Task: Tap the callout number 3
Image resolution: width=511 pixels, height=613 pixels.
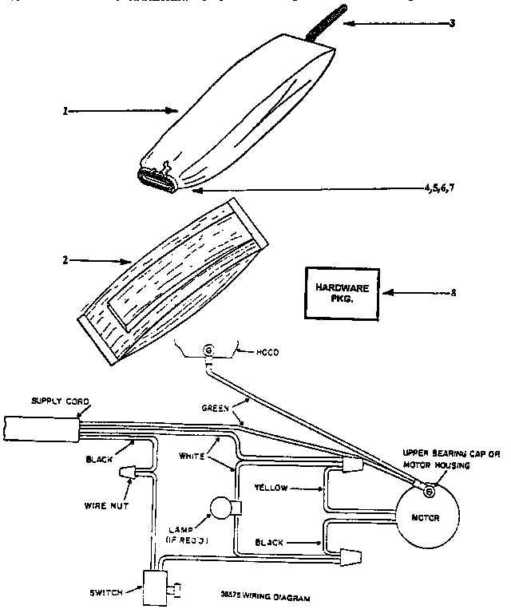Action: tap(452, 24)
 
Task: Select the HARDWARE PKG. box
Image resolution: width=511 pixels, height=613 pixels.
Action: tap(339, 291)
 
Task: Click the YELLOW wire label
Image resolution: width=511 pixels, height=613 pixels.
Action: tap(273, 486)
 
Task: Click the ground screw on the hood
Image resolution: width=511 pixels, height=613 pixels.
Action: tap(210, 349)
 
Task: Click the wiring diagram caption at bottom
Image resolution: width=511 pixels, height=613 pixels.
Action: tap(264, 596)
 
